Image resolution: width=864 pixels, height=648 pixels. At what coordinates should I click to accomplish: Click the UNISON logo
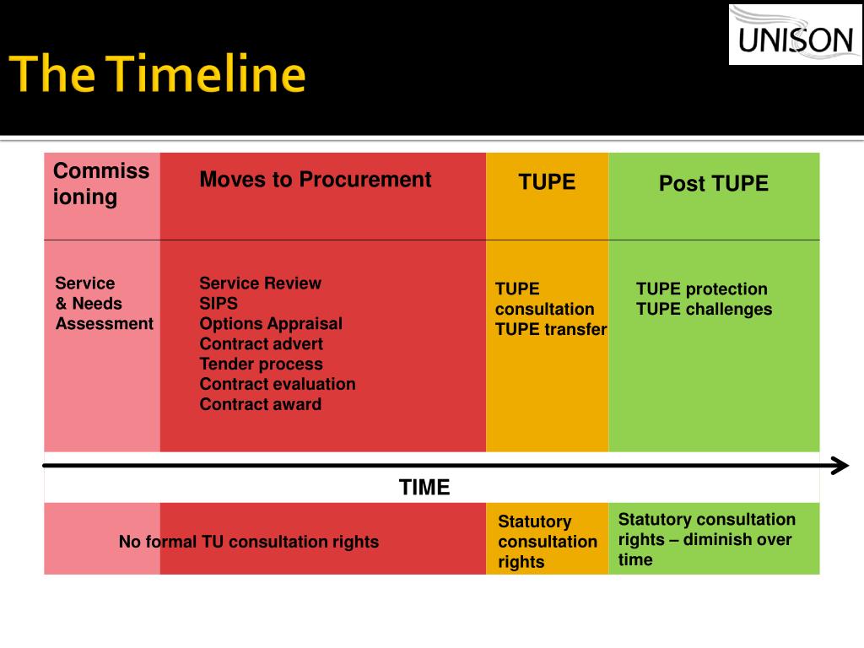795,35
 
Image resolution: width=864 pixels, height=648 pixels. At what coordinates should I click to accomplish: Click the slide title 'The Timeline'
158,73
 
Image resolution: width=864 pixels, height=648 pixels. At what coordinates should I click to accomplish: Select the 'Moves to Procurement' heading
316,180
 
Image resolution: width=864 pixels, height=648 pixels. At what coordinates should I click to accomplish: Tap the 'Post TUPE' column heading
714,183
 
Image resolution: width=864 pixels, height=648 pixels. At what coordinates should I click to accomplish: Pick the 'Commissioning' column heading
101,184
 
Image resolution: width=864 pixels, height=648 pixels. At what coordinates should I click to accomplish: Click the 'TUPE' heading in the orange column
547,182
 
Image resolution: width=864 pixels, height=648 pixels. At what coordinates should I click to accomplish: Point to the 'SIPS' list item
219,303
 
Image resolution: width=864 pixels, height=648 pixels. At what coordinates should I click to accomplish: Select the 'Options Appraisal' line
271,323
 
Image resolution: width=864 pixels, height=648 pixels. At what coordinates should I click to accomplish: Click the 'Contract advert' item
262,344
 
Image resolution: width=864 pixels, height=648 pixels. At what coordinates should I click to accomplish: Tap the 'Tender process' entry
262,364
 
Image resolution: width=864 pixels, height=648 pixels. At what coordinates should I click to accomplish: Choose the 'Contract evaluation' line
277,384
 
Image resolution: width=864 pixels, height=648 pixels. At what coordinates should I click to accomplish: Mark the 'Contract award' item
260,404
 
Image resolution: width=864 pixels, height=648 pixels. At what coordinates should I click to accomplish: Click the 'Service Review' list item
260,283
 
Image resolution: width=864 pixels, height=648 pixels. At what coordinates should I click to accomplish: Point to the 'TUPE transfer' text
551,330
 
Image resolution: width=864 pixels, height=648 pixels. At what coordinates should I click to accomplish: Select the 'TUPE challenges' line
705,309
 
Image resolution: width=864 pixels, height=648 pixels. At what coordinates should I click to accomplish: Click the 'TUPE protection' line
701,289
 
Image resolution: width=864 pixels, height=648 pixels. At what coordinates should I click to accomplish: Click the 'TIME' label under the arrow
424,487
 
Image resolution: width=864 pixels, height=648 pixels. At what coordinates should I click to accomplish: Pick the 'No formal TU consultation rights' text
249,542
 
